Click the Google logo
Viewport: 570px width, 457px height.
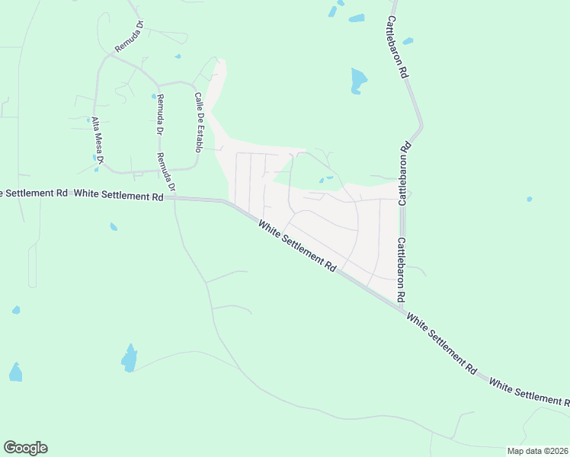pyautogui.click(x=25, y=448)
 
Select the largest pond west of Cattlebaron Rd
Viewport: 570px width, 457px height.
pyautogui.click(x=358, y=80)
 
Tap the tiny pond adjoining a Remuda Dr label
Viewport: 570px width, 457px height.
pyautogui.click(x=153, y=97)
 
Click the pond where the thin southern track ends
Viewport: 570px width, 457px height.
pyautogui.click(x=130, y=357)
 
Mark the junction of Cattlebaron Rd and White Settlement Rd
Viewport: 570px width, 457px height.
pyautogui.click(x=402, y=306)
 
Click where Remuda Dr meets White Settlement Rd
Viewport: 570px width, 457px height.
pyautogui.click(x=175, y=197)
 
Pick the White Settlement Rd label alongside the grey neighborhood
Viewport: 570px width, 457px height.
pyautogui.click(x=297, y=248)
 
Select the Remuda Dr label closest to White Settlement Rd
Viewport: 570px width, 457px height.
pyautogui.click(x=166, y=171)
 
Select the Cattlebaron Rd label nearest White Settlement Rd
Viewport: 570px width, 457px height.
pyautogui.click(x=401, y=267)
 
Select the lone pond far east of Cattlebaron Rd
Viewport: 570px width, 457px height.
pyautogui.click(x=529, y=200)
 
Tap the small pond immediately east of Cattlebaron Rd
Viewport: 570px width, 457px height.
pyautogui.click(x=408, y=41)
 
